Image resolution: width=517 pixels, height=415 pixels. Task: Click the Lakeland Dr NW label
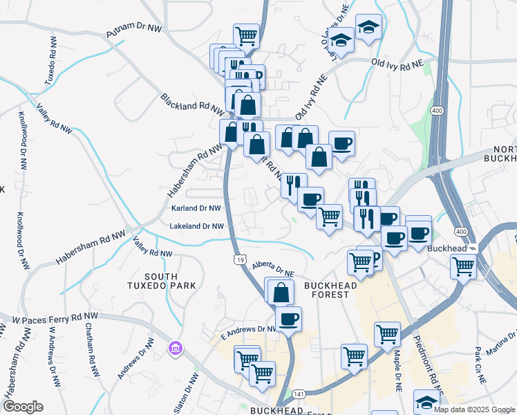198,226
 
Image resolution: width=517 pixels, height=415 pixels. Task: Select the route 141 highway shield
297,394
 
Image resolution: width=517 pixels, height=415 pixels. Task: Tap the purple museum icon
176,347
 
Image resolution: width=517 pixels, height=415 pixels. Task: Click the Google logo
23,407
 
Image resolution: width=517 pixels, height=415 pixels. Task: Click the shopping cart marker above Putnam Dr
246,35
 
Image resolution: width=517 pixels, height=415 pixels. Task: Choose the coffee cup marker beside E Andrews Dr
288,319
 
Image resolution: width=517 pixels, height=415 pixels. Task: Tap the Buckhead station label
447,248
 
